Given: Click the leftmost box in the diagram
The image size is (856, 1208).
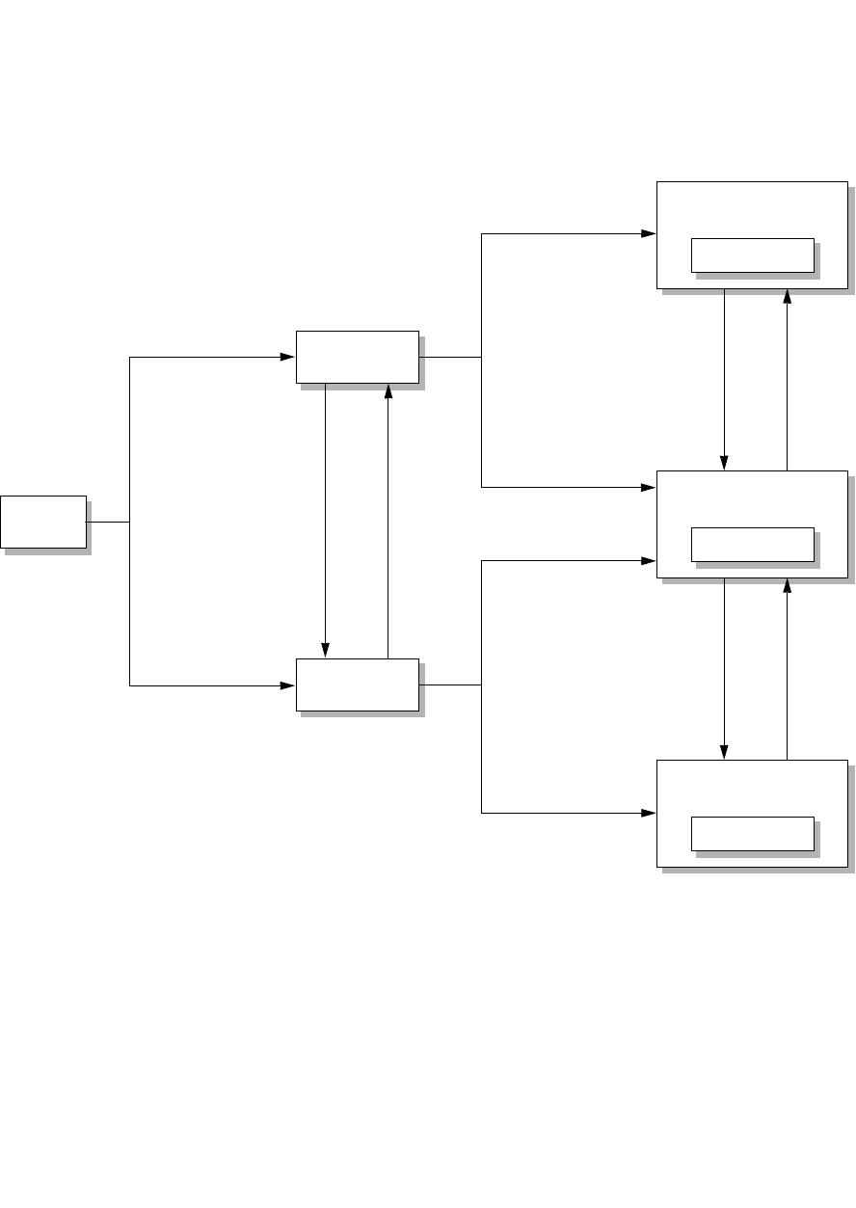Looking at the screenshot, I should [43, 522].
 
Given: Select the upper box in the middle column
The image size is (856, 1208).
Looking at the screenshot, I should [357, 357].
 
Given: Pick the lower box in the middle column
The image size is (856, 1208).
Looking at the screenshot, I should [357, 685].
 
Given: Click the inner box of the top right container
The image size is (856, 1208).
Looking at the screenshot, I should [753, 255].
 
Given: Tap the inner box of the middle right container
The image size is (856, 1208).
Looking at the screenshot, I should [753, 544].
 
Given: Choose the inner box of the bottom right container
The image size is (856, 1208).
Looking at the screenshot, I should [753, 834].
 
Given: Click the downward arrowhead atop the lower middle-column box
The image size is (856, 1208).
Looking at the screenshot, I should [326, 652].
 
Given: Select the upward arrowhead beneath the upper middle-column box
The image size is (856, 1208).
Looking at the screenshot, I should [388, 390].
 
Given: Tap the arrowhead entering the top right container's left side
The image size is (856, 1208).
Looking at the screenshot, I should [649, 233].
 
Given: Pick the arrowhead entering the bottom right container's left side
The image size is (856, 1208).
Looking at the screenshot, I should [649, 813].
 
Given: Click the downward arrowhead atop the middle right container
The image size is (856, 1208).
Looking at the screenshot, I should [724, 463].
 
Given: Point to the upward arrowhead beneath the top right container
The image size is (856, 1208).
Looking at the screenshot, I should [788, 296].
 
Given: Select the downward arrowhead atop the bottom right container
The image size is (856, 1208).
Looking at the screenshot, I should [724, 752].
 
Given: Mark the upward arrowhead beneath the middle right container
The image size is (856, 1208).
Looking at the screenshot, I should [788, 585].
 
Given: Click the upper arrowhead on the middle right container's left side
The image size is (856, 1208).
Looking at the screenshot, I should [649, 487].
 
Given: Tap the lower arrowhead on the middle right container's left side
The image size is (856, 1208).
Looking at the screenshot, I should [649, 560].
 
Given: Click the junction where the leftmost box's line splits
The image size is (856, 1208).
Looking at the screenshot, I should [129, 522].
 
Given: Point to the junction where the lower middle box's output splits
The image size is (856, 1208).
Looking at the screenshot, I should [481, 685].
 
